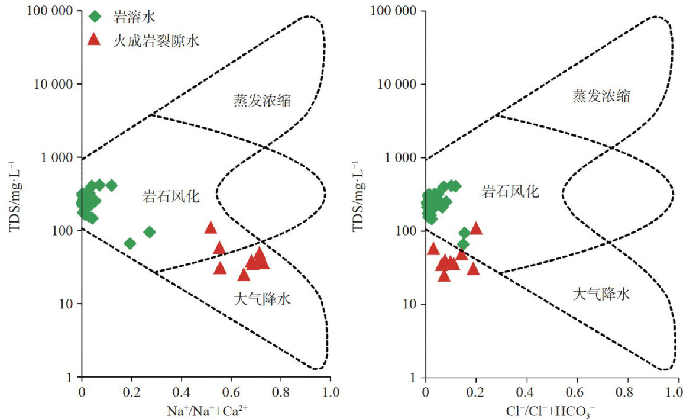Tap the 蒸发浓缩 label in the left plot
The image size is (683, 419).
click(262, 100)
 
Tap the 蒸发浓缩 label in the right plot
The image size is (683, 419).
click(601, 95)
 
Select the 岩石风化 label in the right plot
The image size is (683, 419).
click(510, 191)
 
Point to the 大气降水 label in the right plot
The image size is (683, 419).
click(601, 294)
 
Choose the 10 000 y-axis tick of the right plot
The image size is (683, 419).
click(393, 84)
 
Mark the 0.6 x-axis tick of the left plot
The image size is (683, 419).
click(231, 391)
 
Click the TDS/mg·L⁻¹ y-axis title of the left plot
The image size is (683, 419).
click(14, 194)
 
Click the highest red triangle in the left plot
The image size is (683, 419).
click(211, 228)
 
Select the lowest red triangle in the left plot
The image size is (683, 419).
click(244, 275)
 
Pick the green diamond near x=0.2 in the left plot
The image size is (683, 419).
click(130, 243)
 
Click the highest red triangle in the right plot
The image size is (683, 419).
click(476, 228)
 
